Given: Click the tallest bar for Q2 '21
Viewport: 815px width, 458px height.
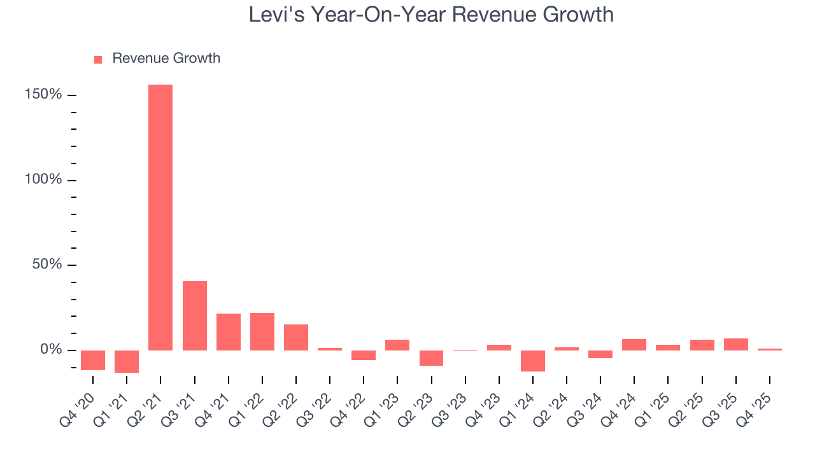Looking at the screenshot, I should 160,218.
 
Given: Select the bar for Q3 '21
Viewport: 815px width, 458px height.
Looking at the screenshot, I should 194,316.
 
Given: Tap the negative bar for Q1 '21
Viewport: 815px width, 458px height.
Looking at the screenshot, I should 127,361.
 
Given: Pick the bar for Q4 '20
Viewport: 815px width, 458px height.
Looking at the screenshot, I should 93,360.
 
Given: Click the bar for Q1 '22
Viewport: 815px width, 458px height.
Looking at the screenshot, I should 262,331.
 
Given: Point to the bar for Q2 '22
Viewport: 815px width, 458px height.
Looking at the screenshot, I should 296,337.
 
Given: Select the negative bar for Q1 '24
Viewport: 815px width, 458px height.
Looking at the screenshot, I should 533,361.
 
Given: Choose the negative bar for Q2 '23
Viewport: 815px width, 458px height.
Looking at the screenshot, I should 431,358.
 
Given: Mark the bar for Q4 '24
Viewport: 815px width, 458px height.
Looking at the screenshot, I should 634,345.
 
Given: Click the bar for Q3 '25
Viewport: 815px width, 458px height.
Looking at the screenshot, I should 735,344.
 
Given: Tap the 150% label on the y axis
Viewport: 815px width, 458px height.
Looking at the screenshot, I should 44,95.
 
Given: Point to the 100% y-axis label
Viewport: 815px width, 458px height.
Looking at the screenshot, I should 44,180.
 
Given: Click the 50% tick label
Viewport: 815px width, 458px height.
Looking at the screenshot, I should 47,265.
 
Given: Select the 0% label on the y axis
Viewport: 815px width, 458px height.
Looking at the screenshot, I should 51,350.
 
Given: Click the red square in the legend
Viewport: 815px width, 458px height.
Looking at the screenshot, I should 98,60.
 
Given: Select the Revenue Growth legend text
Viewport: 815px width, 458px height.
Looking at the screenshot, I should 166,59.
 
